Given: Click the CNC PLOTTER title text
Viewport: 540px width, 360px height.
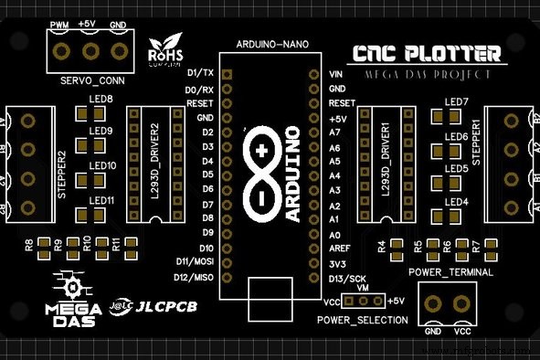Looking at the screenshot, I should coord(429,54).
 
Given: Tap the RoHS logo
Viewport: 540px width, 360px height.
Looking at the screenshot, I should coord(165,53).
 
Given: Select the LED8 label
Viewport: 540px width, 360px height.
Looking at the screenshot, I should coord(101,99).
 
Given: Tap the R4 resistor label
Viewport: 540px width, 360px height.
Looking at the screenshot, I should coord(381,245).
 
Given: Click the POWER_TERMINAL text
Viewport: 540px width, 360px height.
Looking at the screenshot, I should coord(450,272).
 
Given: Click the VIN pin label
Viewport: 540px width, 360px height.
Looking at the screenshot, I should coord(335,74).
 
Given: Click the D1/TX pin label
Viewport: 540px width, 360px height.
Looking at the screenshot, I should coord(199,72).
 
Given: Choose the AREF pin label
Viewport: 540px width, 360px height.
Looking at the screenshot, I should coord(339,249).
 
